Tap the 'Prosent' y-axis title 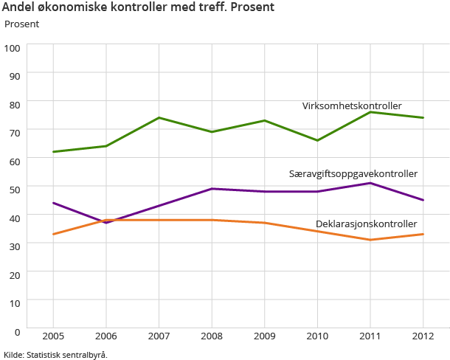pyautogui.click(x=21, y=24)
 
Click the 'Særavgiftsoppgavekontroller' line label pyautogui.click(x=353, y=173)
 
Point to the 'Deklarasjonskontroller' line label pyautogui.click(x=366, y=224)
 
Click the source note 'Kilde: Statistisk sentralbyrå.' pyautogui.click(x=56, y=354)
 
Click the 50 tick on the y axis pyautogui.click(x=15, y=189)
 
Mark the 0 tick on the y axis pyautogui.click(x=18, y=330)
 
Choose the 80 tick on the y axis pyautogui.click(x=15, y=104)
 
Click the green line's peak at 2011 pyautogui.click(x=370, y=111)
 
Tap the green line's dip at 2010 pyautogui.click(x=317, y=140)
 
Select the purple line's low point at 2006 pyautogui.click(x=106, y=222)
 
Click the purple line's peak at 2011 pyautogui.click(x=370, y=182)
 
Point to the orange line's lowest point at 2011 pyautogui.click(x=370, y=240)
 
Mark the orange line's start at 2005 pyautogui.click(x=53, y=234)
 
